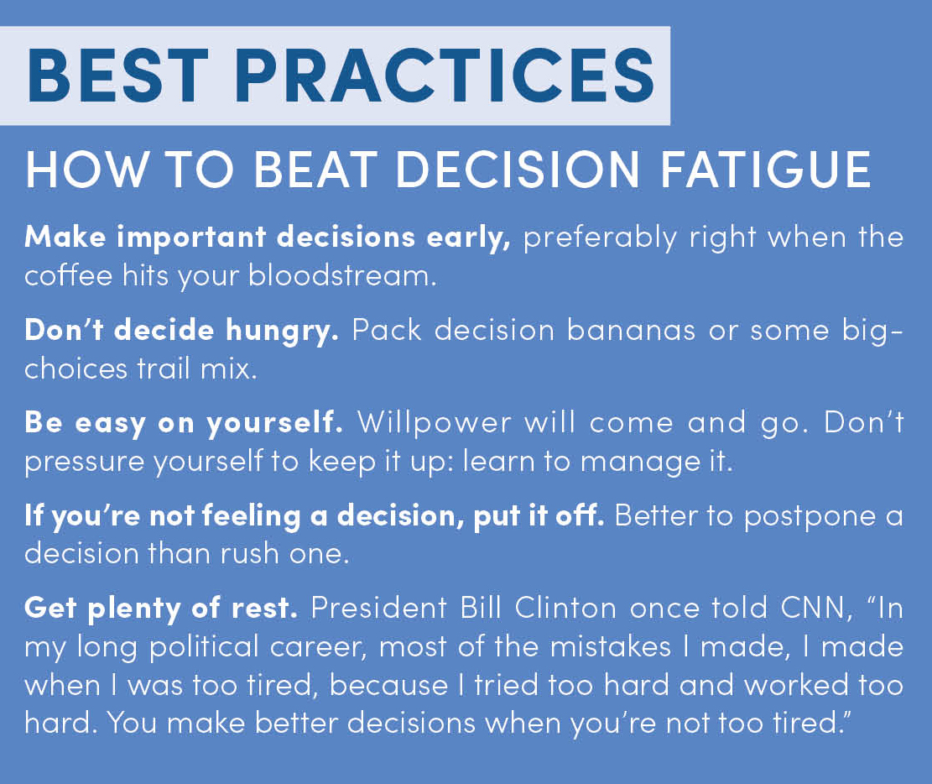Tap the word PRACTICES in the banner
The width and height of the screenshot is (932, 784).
pyautogui.click(x=445, y=76)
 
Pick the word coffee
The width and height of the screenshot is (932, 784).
pyautogui.click(x=68, y=274)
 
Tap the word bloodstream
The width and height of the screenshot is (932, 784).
pyautogui.click(x=341, y=274)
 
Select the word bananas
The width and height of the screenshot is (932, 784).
pyautogui.click(x=631, y=330)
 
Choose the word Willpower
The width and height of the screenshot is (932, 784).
pyautogui.click(x=434, y=424)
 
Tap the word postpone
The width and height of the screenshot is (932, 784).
pyautogui.click(x=810, y=517)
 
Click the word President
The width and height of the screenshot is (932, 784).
pyautogui.click(x=378, y=608)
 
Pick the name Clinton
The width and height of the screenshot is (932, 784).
pyautogui.click(x=565, y=608)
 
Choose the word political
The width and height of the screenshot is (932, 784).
pyautogui.click(x=204, y=647)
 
